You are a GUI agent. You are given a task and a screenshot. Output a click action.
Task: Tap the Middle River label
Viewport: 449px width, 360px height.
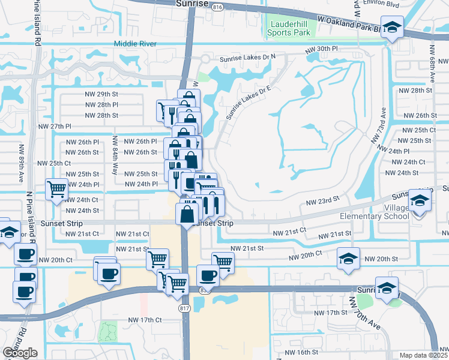(135, 44)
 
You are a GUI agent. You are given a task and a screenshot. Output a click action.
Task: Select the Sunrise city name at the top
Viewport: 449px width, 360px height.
(192, 4)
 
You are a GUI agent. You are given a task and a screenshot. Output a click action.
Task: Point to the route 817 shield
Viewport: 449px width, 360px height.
(184, 308)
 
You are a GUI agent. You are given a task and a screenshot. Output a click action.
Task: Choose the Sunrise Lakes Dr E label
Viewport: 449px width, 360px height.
(249, 100)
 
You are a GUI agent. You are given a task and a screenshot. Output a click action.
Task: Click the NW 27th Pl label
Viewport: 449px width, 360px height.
(55, 127)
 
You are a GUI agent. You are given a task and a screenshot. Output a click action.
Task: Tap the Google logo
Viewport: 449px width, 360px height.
(20, 352)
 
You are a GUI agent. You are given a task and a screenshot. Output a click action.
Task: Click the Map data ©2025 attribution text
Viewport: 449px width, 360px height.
(424, 355)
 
